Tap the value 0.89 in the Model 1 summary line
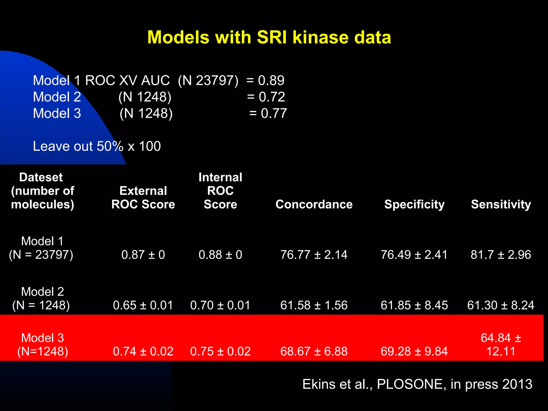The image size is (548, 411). (x=271, y=80)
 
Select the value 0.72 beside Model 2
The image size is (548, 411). (x=272, y=97)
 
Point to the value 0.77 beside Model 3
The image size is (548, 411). (x=274, y=113)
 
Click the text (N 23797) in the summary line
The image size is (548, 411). (x=208, y=80)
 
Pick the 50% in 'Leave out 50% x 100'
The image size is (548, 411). (x=110, y=146)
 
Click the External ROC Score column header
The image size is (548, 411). (x=143, y=197)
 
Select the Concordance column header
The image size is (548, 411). (x=314, y=204)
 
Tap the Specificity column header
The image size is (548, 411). (x=414, y=204)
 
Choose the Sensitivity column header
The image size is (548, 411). (x=501, y=204)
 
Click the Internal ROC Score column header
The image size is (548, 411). (x=220, y=191)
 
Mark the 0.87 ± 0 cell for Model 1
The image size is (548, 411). (x=143, y=254)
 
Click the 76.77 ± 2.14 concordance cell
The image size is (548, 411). (x=314, y=254)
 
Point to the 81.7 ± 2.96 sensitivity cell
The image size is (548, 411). (x=501, y=254)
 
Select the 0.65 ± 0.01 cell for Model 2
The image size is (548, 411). (x=143, y=305)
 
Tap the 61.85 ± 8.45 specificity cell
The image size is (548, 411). (x=414, y=305)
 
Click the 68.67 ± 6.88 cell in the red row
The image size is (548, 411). (x=314, y=351)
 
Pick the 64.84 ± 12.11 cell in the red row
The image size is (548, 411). (x=501, y=345)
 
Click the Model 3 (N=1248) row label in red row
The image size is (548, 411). (x=43, y=345)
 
